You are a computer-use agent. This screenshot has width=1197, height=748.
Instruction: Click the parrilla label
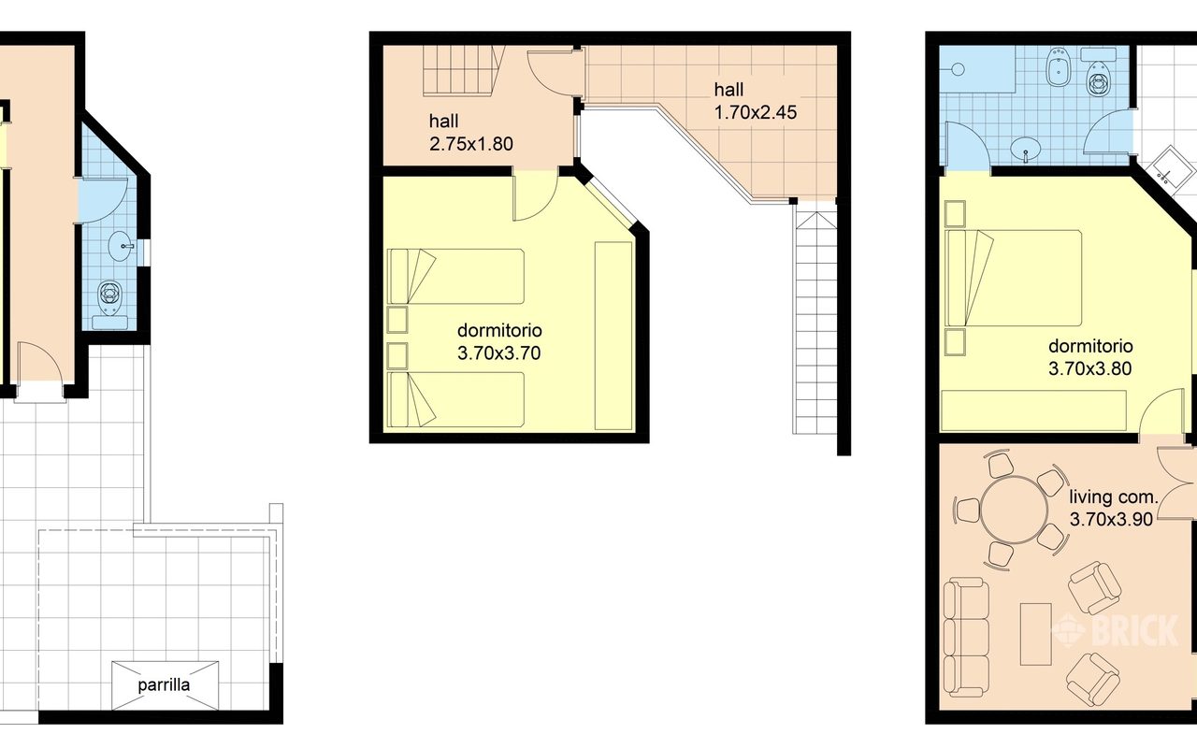pos(164,685)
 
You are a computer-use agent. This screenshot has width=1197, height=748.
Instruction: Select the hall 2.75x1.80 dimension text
pos(470,144)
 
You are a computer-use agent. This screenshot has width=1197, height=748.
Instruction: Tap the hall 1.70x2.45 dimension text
pos(755,112)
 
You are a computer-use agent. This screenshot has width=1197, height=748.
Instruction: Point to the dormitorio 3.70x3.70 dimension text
pos(498,353)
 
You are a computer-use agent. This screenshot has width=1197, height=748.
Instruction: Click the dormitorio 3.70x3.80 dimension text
pos(1089,368)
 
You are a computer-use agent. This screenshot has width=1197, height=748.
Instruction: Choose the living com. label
pos(1113,496)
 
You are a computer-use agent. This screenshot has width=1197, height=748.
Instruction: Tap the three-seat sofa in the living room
pos(966,644)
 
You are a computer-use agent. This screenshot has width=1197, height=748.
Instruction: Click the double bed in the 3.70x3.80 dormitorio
pos(1013,278)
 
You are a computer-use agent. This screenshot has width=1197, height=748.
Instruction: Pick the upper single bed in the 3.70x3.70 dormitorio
pos(455,276)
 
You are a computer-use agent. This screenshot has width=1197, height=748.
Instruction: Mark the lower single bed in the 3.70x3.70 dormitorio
pos(455,399)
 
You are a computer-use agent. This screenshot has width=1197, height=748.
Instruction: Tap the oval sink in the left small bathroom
pos(122,246)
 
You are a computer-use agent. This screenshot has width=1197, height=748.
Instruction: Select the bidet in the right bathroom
pos(1058,66)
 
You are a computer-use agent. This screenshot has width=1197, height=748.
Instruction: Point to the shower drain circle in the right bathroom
pos(958,69)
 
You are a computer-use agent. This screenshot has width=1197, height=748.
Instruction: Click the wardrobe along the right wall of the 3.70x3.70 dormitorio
pos(613,336)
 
